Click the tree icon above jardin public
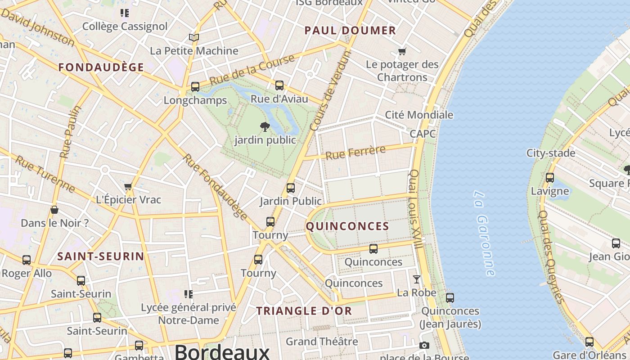(265, 127)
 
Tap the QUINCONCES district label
(347, 226)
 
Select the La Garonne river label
(484, 233)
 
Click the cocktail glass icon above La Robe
(417, 279)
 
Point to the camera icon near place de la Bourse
(424, 346)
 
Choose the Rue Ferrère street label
(355, 153)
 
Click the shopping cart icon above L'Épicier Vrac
(128, 186)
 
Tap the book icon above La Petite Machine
(194, 38)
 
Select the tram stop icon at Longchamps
(195, 86)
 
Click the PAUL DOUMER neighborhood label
(350, 31)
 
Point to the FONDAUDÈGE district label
(101, 67)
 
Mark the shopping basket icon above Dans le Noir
(54, 210)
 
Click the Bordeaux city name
(222, 351)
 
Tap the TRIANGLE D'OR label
(304, 311)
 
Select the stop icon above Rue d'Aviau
(279, 85)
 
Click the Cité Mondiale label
(419, 115)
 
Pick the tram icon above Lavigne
(550, 178)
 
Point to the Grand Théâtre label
(322, 342)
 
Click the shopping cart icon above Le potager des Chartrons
(402, 51)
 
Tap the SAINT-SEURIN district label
(101, 256)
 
